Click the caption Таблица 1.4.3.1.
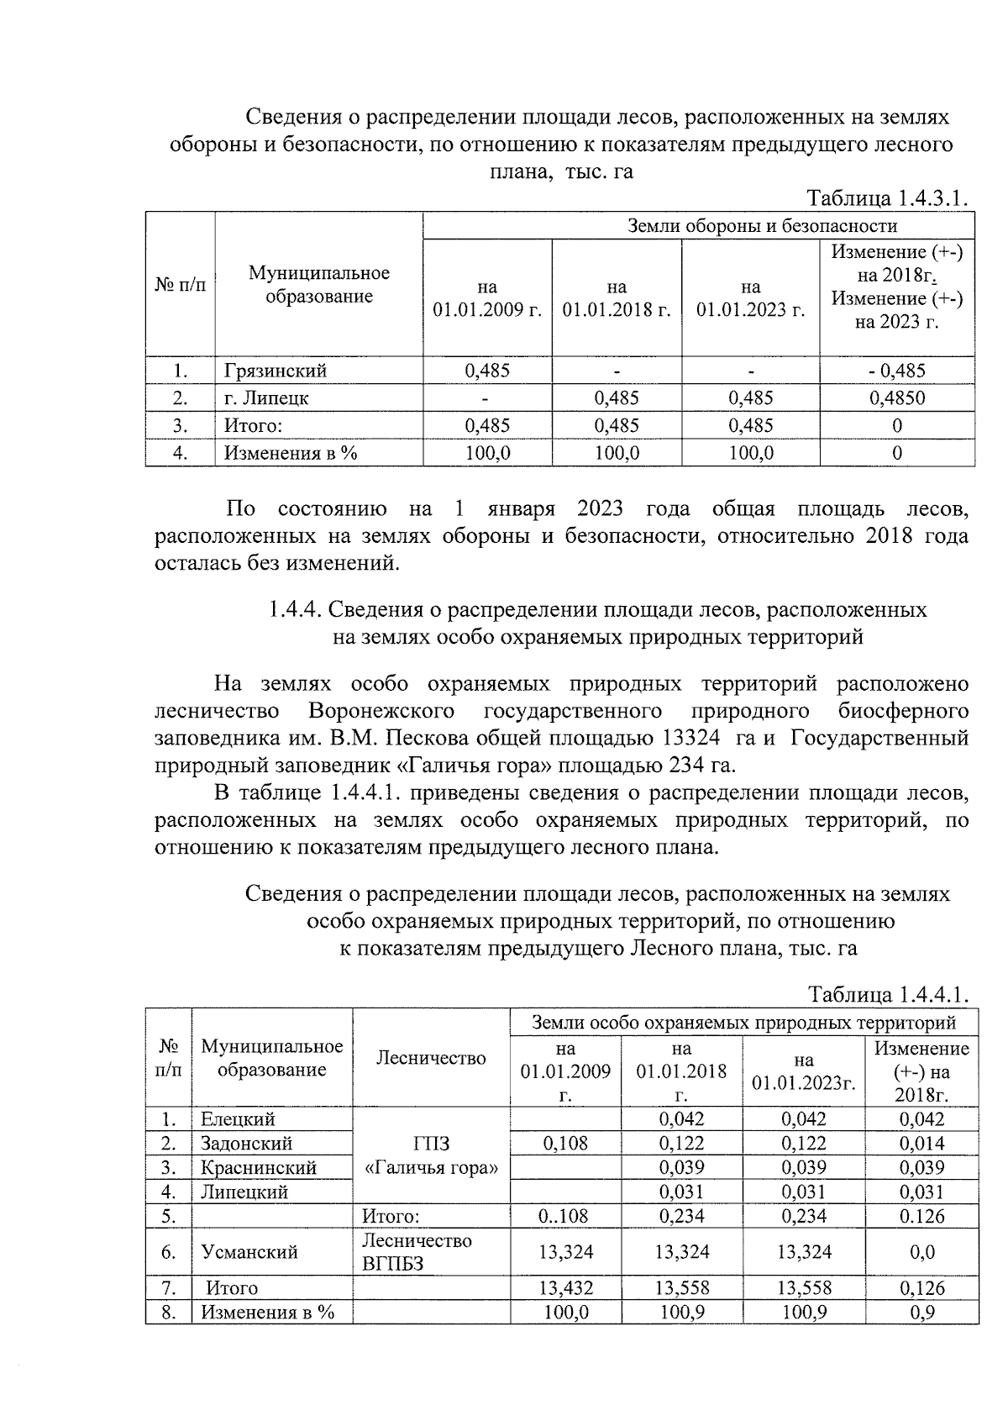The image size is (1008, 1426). coord(887,198)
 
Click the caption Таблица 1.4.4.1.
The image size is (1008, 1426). coord(888,995)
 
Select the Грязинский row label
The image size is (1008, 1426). coord(275,371)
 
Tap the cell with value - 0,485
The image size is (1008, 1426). coord(896,371)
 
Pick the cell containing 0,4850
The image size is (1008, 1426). coord(896,398)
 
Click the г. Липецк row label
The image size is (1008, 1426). coord(261,398)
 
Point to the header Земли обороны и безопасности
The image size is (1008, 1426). coord(762,225)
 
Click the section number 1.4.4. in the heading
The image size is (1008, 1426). coord(293,609)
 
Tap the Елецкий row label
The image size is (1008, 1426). coord(238,1119)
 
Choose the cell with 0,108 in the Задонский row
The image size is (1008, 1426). coord(565,1144)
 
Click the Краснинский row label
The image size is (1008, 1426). coord(258,1168)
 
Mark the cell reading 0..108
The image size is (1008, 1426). coord(565,1216)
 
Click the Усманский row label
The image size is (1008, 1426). coord(249,1252)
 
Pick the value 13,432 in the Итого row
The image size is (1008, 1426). coord(565,1288)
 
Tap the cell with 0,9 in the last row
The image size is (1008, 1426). coord(921,1313)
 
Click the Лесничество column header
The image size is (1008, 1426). coord(430,1059)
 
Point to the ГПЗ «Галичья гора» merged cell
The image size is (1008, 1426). coord(431,1155)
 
